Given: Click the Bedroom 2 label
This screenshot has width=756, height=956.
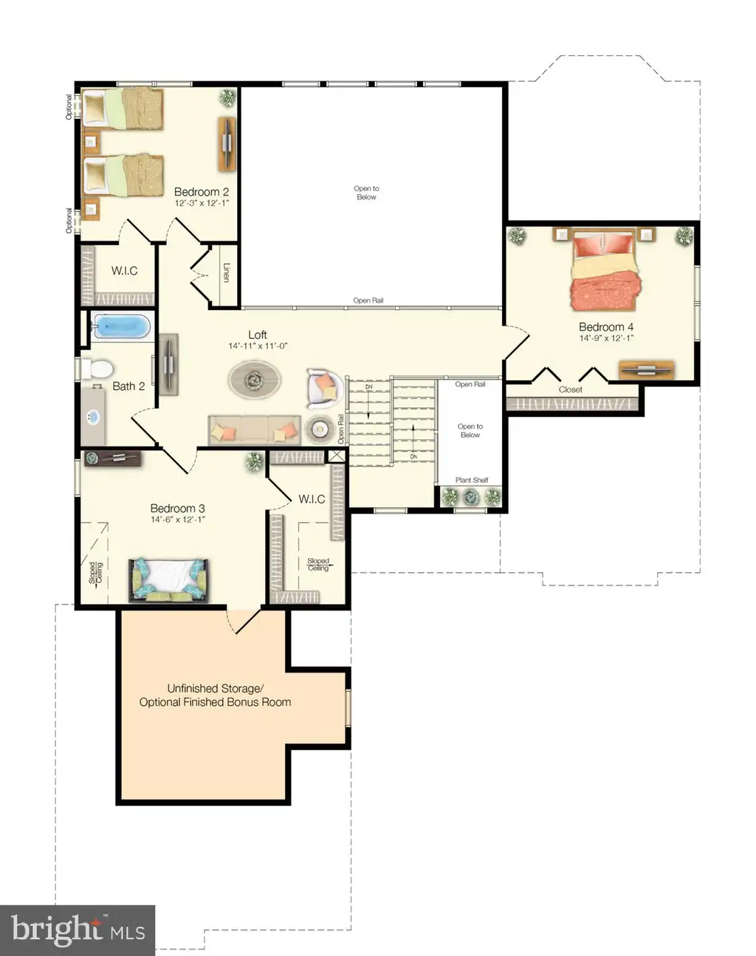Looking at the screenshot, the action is (x=202, y=192).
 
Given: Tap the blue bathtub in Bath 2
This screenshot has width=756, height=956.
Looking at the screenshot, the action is (x=121, y=326).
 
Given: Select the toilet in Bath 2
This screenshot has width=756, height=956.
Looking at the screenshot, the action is (x=97, y=368).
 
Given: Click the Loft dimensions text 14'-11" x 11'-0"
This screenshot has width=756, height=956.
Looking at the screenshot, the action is (x=258, y=346).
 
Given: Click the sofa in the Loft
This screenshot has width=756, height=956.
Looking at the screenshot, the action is (x=255, y=430).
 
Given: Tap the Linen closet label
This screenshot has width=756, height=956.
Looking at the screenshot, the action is (x=226, y=272).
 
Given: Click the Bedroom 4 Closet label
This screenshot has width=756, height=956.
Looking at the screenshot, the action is (x=570, y=390).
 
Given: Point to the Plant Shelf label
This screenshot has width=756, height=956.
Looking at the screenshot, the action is (x=472, y=480).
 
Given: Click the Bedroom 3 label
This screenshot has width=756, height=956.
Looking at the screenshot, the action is (x=177, y=508).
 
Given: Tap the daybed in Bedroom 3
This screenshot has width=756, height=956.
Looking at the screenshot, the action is (x=169, y=580).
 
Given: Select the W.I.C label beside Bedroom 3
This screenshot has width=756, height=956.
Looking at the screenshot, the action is (x=312, y=499).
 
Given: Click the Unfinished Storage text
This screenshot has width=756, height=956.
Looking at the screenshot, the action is (x=216, y=689).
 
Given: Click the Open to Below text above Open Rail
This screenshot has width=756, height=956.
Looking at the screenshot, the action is (x=367, y=193).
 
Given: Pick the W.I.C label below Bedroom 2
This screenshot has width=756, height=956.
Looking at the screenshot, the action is (x=125, y=270).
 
